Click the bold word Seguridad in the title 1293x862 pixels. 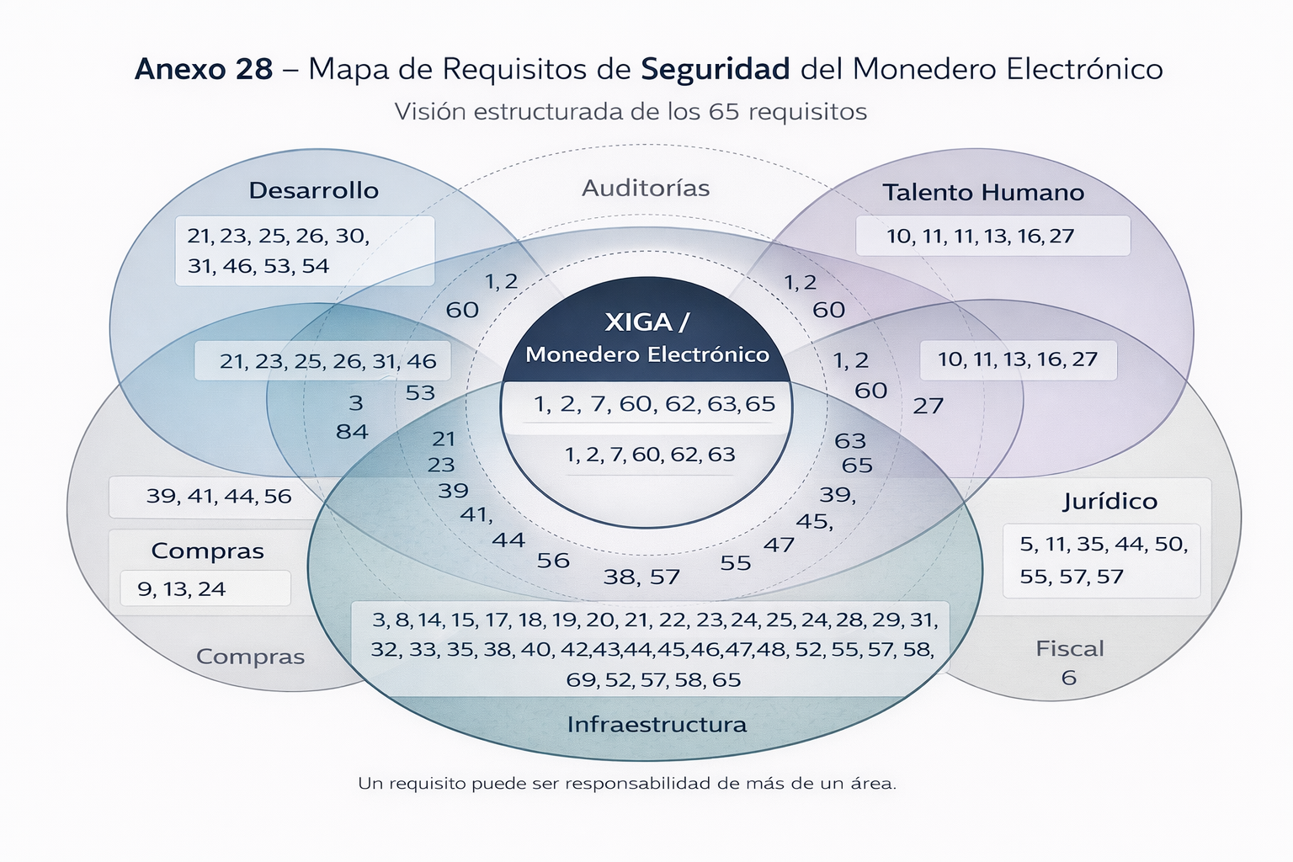coord(716,69)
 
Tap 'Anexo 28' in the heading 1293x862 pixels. coord(204,69)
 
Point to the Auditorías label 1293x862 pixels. coord(646,188)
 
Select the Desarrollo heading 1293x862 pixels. coord(313,190)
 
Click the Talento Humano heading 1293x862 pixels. coord(982,193)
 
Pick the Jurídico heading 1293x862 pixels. coord(1109,502)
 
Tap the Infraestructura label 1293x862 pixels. coord(657,725)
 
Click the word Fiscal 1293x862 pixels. coord(1069,649)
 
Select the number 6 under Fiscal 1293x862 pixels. coord(1069,678)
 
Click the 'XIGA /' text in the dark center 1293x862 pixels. coord(646,322)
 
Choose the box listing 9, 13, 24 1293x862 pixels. coord(205,588)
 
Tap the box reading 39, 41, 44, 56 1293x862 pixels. coord(219,497)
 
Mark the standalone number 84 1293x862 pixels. coord(352,432)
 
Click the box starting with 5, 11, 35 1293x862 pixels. coord(1103,561)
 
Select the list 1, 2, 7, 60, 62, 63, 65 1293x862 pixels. coord(654,404)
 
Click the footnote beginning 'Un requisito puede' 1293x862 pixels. coord(627,784)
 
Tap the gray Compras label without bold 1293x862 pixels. coord(250,657)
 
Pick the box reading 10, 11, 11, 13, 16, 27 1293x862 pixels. coord(992,236)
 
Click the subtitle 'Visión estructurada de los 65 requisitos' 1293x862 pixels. coord(631,112)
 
